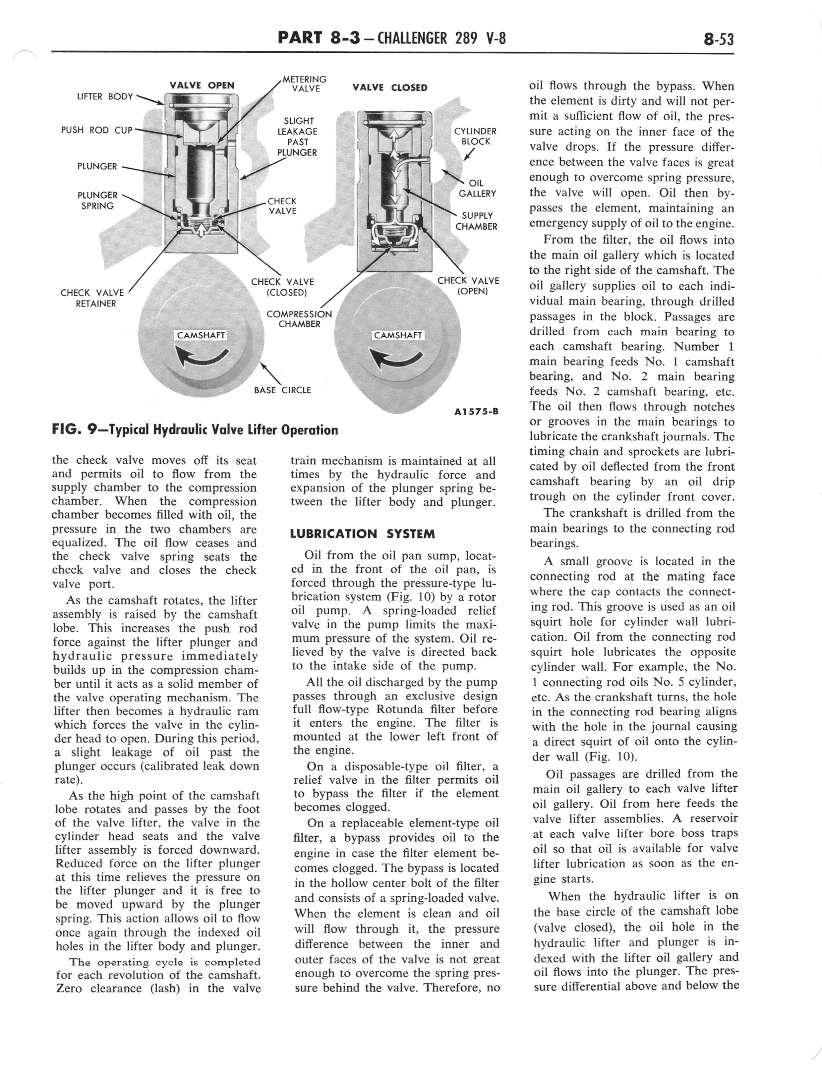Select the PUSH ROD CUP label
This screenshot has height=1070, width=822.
[x=96, y=130]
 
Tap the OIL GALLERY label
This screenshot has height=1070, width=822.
[x=477, y=188]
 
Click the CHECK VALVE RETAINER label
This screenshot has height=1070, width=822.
[x=92, y=298]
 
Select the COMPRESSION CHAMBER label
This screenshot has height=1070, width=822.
[x=299, y=319]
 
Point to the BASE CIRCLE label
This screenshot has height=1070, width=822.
[x=282, y=390]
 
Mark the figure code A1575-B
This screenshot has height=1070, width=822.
[x=476, y=411]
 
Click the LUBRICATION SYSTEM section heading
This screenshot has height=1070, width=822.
[x=363, y=534]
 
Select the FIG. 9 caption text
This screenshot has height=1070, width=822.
[x=195, y=430]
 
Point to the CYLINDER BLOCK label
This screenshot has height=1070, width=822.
[x=475, y=137]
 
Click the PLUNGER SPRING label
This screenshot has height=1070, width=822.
[x=97, y=200]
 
